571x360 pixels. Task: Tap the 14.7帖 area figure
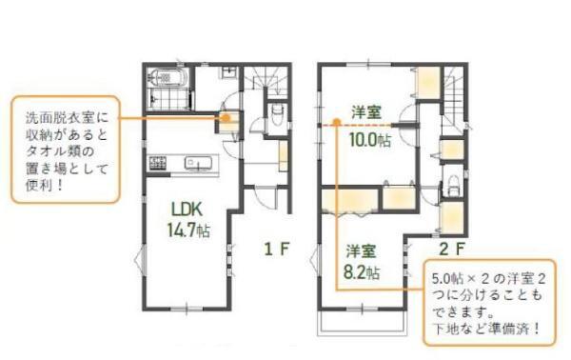click(x=188, y=230)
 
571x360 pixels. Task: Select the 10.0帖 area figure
click(x=370, y=139)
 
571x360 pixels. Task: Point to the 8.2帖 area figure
click(x=362, y=272)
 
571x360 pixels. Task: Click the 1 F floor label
click(x=277, y=250)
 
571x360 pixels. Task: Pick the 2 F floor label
click(x=452, y=250)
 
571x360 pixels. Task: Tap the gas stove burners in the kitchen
click(x=158, y=163)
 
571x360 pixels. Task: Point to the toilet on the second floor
click(x=453, y=186)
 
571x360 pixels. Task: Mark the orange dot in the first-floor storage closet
click(x=226, y=118)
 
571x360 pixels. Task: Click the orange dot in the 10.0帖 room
click(x=337, y=122)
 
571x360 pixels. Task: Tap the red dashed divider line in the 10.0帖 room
click(x=356, y=125)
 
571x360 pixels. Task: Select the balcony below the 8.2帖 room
click(x=363, y=323)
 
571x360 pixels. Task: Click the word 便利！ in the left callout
click(x=45, y=186)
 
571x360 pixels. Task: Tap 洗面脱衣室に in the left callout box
click(x=67, y=118)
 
